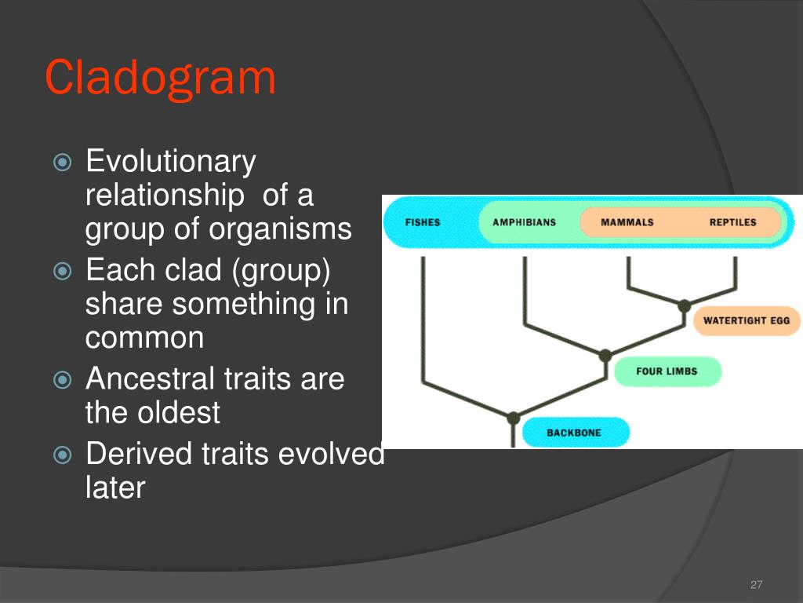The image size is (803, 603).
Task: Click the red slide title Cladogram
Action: (x=160, y=78)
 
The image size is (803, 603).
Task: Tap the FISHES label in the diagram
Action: (x=423, y=222)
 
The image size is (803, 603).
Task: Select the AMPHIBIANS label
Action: (x=524, y=222)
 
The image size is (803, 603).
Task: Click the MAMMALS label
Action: (x=627, y=222)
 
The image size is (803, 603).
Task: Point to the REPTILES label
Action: (x=733, y=222)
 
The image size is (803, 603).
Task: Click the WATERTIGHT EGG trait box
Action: (x=747, y=321)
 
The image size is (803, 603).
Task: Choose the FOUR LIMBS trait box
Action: (x=667, y=371)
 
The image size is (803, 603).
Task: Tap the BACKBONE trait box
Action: (x=575, y=433)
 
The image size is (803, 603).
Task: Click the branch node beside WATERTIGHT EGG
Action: (x=684, y=306)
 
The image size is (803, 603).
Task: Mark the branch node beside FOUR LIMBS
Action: (x=605, y=356)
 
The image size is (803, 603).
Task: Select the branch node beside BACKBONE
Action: (x=513, y=418)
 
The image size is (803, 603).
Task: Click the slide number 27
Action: (x=756, y=584)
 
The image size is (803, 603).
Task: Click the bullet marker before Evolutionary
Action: (x=63, y=163)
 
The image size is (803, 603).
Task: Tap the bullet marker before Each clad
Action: (x=63, y=271)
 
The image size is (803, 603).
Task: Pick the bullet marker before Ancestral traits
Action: (x=63, y=380)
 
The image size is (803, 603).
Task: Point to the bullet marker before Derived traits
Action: (x=63, y=455)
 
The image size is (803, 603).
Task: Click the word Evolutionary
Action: (x=171, y=163)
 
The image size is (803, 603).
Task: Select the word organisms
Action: (x=281, y=229)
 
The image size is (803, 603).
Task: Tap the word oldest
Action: (x=175, y=412)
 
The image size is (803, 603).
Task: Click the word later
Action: (x=115, y=487)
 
